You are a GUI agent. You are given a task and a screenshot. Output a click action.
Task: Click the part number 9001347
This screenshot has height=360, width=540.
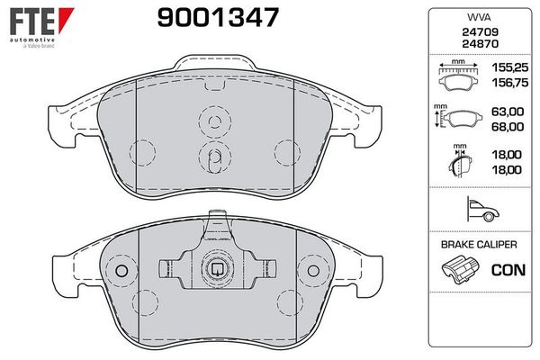pyautogui.click(x=218, y=18)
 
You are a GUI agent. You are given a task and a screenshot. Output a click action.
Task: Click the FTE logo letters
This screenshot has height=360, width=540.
pyautogui.click(x=32, y=22)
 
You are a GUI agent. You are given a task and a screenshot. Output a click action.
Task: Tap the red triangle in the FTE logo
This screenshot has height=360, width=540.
pyautogui.click(x=66, y=19)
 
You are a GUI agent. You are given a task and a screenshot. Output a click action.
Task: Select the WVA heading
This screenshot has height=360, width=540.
pyautogui.click(x=479, y=17)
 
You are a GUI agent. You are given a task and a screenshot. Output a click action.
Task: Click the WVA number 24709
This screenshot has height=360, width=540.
pyautogui.click(x=480, y=32)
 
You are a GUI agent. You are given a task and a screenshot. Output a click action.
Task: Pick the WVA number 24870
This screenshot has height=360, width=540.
pyautogui.click(x=480, y=44)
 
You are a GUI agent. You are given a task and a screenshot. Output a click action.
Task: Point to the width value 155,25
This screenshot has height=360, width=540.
pyautogui.click(x=509, y=67)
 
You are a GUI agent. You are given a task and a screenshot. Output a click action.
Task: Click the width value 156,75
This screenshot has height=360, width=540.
pyautogui.click(x=509, y=83)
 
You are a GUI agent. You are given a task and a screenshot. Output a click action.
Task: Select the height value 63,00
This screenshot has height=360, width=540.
pyautogui.click(x=508, y=112)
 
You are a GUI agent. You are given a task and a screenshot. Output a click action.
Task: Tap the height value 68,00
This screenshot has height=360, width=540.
pyautogui.click(x=508, y=127)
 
